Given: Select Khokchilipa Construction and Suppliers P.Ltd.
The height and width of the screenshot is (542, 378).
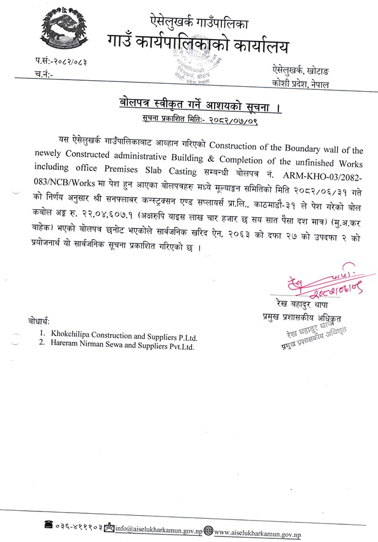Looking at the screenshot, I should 124,336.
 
